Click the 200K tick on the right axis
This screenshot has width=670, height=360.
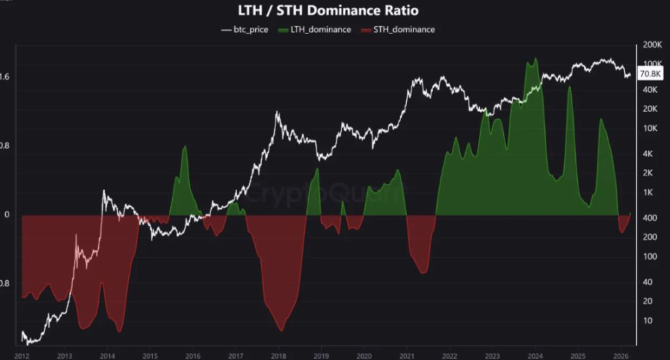click(652, 45)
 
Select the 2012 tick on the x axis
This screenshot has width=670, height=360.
click(22, 355)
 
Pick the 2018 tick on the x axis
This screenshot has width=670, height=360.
click(279, 355)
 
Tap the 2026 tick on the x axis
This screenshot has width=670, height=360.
click(621, 355)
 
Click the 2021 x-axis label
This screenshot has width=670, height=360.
click(407, 355)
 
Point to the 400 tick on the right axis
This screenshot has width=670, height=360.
click(650, 217)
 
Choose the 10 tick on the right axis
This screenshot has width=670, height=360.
click(648, 320)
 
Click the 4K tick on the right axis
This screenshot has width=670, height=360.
click(648, 154)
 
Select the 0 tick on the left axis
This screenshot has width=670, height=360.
click(7, 215)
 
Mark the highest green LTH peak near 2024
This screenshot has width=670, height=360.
click(536, 59)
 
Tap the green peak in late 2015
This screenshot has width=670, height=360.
click(185, 147)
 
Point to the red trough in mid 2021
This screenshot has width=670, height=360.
click(423, 272)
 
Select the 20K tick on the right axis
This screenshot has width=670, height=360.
click(650, 109)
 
